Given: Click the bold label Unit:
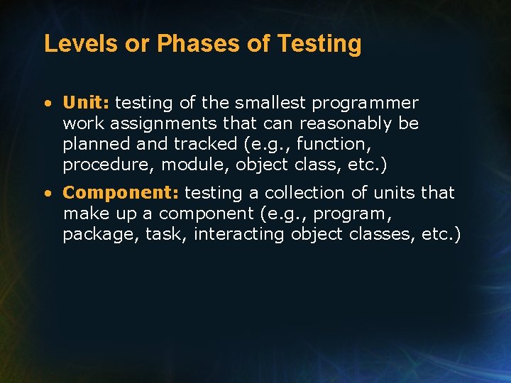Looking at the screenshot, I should pyautogui.click(x=86, y=103).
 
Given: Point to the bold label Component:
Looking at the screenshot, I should pyautogui.click(x=121, y=193).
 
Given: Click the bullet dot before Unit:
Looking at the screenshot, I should pyautogui.click(x=48, y=104).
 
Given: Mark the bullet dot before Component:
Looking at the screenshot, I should pyautogui.click(x=48, y=194).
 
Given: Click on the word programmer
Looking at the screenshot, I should pyautogui.click(x=366, y=104).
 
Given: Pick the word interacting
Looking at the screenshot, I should pyautogui.click(x=239, y=234).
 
